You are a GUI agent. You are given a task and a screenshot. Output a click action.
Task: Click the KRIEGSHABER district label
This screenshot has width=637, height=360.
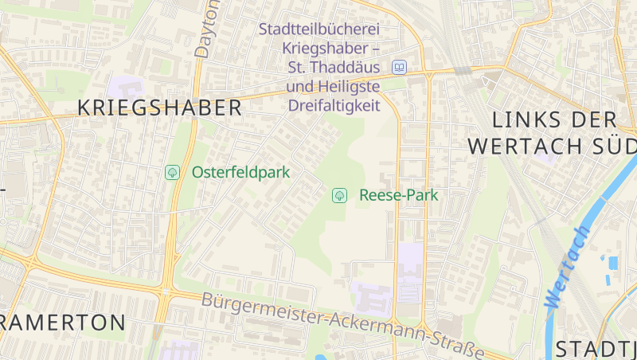(x=159, y=108)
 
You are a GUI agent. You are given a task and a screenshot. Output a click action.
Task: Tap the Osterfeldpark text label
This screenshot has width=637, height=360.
(x=240, y=172)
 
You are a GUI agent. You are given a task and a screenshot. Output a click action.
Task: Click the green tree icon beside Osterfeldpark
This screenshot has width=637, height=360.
(x=171, y=172)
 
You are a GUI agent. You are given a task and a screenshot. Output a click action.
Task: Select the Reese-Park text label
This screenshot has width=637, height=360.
(x=399, y=195)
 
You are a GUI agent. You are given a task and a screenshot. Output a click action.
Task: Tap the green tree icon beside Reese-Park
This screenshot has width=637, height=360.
(x=339, y=195)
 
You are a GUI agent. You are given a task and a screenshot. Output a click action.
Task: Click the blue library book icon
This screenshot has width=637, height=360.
(x=399, y=67)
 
